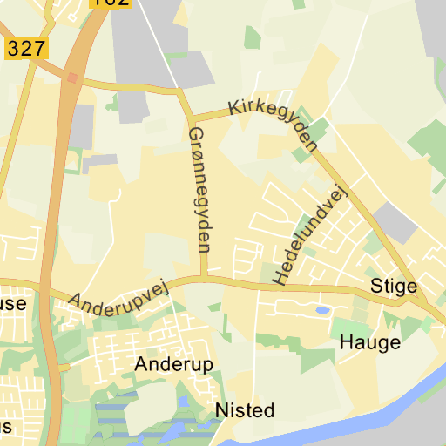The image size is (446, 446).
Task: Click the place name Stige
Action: click(394, 286)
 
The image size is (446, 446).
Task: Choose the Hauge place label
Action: click(370, 341)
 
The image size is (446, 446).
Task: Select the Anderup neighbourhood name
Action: click(174, 364)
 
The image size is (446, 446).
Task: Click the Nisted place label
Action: click(245, 409)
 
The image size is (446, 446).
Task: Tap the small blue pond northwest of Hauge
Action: click(321, 309)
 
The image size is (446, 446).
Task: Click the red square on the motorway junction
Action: click(71, 78)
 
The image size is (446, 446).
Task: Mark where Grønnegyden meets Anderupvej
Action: click(205, 279)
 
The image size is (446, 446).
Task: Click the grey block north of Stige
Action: click(396, 223)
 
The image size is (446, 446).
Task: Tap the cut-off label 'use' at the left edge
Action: click(12, 304)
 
